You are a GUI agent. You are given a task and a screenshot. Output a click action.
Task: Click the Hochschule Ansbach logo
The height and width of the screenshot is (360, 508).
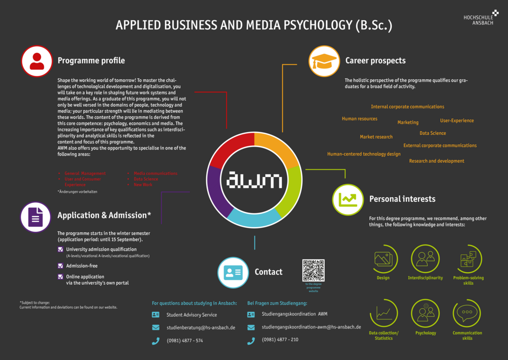tap(481, 18)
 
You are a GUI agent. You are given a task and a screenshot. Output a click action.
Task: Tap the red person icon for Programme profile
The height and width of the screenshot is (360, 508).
tap(37, 61)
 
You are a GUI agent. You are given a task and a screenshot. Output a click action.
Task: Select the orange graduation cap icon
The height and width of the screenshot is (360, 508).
tap(324, 61)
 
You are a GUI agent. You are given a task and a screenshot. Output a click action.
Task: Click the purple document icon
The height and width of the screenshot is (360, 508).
tap(36, 217)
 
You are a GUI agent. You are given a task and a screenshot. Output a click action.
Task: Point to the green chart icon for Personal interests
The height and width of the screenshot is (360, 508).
tap(348, 199)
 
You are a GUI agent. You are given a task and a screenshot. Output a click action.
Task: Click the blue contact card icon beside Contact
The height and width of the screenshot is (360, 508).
tap(233, 272)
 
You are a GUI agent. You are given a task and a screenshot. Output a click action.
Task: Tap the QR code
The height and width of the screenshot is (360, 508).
tap(313, 271)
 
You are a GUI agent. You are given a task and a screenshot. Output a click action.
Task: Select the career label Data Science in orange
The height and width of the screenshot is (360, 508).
tap(433, 133)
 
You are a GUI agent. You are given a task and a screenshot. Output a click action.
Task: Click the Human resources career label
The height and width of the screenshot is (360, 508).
tap(360, 119)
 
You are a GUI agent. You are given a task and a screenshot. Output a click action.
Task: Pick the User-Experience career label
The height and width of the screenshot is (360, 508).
tap(457, 121)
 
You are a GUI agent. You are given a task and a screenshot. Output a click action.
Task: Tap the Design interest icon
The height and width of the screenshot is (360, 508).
tap(383, 259)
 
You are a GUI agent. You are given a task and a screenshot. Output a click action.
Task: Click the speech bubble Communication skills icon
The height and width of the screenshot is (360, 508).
tap(466, 313)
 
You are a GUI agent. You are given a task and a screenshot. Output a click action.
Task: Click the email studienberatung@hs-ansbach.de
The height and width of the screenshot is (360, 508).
tap(201, 328)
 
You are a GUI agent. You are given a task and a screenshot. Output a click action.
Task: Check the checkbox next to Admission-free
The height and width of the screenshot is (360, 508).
tap(60, 266)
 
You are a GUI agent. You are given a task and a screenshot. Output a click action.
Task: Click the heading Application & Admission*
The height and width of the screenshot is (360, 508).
tap(104, 215)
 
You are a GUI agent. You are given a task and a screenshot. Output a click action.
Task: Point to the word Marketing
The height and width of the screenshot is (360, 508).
tap(408, 123)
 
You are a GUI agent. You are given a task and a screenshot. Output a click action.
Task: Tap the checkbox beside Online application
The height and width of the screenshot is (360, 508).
tap(60, 277)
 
